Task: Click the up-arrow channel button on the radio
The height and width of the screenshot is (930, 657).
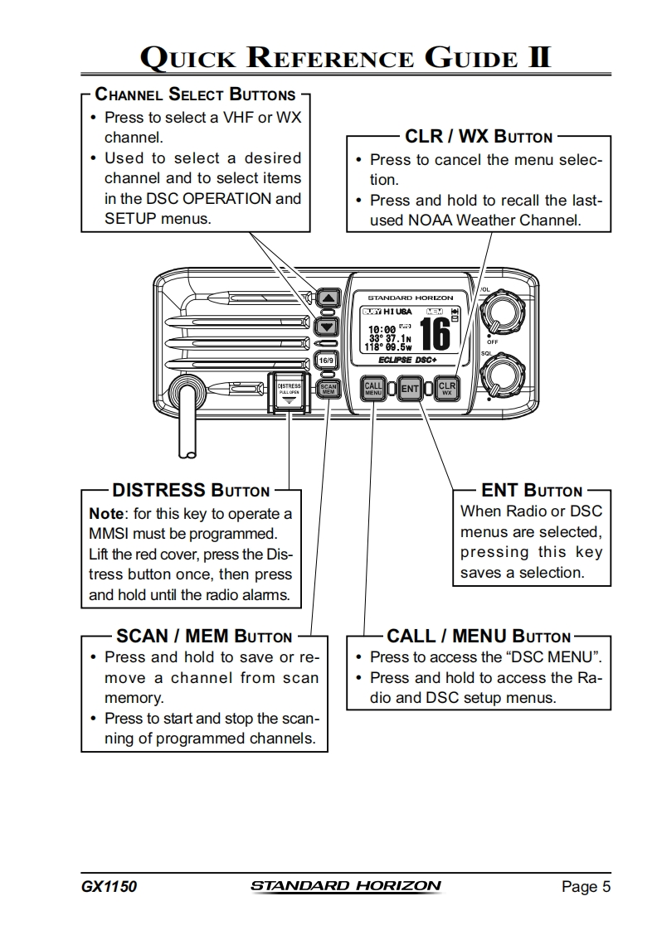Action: point(329,298)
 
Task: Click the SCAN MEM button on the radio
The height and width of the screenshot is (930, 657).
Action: point(328,388)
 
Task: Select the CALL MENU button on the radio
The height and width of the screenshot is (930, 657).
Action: point(373,388)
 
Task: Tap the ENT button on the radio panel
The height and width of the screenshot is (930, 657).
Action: point(410,388)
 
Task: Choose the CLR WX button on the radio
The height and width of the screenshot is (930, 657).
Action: point(446,388)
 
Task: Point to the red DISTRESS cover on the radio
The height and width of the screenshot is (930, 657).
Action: point(290,391)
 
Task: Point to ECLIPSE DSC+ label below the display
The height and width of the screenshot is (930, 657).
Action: point(407,360)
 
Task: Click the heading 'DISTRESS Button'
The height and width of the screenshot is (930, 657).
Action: point(191,491)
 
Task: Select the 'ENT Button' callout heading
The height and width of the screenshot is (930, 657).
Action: point(532,491)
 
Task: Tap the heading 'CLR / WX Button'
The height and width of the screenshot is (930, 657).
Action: point(478,136)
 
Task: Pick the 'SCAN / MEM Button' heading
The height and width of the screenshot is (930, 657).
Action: point(204,637)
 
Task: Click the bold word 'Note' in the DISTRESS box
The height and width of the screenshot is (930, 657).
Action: point(105,513)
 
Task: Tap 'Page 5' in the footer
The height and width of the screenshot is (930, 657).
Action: point(586,887)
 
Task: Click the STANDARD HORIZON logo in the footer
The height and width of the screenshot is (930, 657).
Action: point(346,886)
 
